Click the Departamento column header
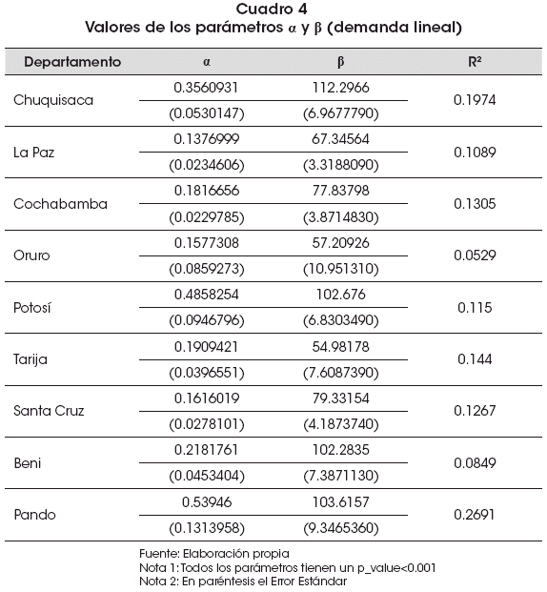(x=72, y=62)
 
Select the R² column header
(x=475, y=62)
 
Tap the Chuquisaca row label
(x=53, y=100)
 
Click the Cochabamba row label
(x=60, y=204)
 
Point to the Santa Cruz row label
(x=49, y=411)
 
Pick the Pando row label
(x=34, y=515)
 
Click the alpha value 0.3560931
(x=206, y=88)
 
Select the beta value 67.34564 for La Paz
(x=340, y=139)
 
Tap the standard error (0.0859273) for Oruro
(x=207, y=269)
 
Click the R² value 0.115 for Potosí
(x=475, y=308)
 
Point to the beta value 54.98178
(x=340, y=347)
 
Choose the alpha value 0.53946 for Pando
(x=207, y=502)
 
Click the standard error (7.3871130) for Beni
(x=341, y=476)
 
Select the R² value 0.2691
(x=475, y=515)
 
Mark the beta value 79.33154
(x=340, y=398)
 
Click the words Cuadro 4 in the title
(x=272, y=10)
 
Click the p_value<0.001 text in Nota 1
(x=396, y=567)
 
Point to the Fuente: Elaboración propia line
(x=214, y=554)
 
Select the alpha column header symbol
(x=207, y=62)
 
